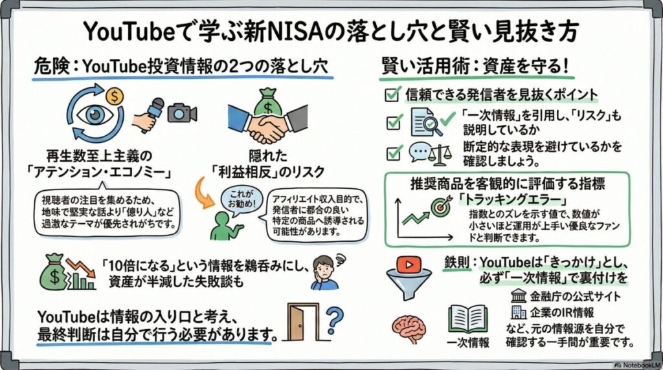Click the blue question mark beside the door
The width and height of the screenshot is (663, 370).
coord(334,320)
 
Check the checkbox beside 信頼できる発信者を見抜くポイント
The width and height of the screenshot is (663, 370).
coord(391,94)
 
